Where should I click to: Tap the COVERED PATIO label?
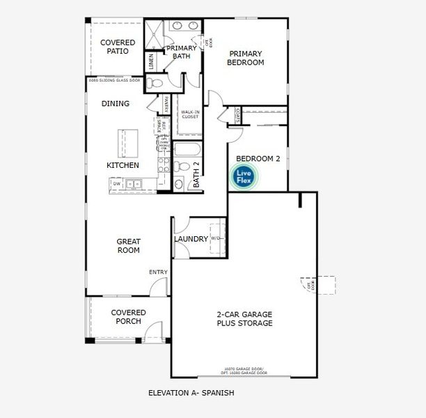[x=117, y=47]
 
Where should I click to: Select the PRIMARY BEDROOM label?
[x=246, y=58]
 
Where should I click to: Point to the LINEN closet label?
[x=150, y=62]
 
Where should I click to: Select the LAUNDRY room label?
[x=191, y=239]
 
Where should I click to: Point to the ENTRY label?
[x=158, y=272]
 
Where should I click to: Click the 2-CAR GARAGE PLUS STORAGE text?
[x=244, y=318]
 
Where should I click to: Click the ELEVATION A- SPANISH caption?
[x=191, y=393]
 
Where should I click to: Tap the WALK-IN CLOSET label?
[x=190, y=114]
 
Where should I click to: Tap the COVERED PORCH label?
[x=128, y=317]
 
